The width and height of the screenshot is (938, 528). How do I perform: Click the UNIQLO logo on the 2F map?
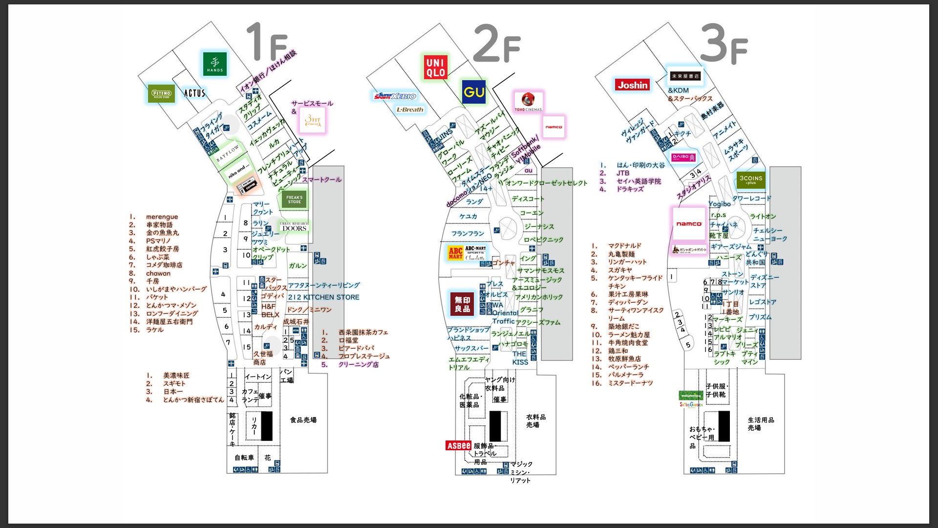pyautogui.click(x=435, y=67)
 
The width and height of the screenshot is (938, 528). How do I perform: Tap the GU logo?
pyautogui.click(x=474, y=92)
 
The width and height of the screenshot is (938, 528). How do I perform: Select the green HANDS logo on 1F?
pyautogui.click(x=215, y=64)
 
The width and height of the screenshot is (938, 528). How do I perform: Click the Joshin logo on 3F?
pyautogui.click(x=632, y=85)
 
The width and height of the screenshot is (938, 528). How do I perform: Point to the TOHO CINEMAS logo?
pyautogui.click(x=528, y=102)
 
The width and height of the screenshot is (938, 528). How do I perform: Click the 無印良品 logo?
pyautogui.click(x=462, y=304)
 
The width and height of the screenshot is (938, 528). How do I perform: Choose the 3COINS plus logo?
pyautogui.click(x=751, y=179)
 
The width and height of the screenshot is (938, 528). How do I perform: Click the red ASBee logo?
pyautogui.click(x=458, y=445)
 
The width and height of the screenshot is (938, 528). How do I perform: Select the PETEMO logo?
pyautogui.click(x=161, y=93)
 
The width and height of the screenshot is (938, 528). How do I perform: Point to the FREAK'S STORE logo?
pyautogui.click(x=294, y=199)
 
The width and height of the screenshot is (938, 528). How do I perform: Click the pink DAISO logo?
pyautogui.click(x=683, y=157)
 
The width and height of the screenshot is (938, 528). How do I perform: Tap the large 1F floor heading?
pyautogui.click(x=267, y=43)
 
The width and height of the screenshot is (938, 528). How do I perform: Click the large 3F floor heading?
pyautogui.click(x=723, y=45)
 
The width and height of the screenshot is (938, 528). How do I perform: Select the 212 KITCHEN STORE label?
pyautogui.click(x=323, y=297)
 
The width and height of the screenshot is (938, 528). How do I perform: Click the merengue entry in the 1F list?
pyautogui.click(x=162, y=217)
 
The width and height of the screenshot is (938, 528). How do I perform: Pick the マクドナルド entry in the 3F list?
pyautogui.click(x=624, y=246)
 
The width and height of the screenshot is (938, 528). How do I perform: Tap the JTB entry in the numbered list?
pyautogui.click(x=623, y=173)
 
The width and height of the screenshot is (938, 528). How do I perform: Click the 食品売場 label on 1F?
pyautogui.click(x=303, y=420)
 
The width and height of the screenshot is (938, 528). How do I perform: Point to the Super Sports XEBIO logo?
pyautogui.click(x=395, y=96)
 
